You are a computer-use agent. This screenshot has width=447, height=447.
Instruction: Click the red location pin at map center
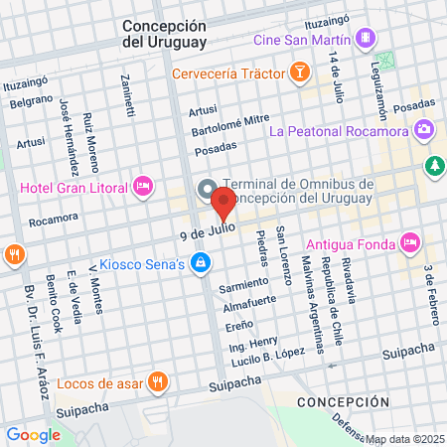[x=223, y=207]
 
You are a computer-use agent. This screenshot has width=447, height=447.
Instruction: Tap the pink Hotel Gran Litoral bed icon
[x=143, y=186]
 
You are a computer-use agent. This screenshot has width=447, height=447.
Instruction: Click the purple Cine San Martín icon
[x=367, y=38]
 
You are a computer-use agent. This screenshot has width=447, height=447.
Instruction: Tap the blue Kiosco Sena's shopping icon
[x=201, y=263]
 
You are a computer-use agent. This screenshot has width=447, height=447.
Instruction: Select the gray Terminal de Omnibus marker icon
[x=208, y=189]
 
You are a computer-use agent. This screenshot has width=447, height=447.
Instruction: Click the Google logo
[x=33, y=434]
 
